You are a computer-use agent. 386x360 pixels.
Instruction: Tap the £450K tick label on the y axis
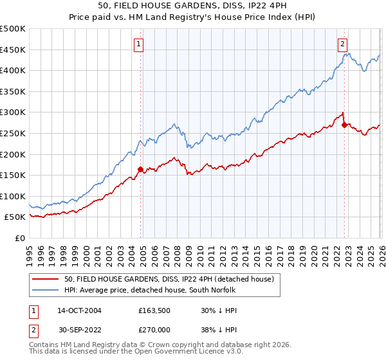coord(13,50)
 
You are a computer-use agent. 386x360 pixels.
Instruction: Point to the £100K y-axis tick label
coord(13,196)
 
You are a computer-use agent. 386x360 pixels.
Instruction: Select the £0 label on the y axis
coord(19,238)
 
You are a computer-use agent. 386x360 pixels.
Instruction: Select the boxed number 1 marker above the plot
coord(140,44)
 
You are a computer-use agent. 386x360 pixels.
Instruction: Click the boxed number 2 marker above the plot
coord(343,44)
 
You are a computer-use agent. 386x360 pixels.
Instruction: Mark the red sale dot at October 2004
coord(140,170)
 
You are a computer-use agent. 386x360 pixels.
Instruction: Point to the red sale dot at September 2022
coord(344,125)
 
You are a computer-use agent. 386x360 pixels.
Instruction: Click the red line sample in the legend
coord(46,279)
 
